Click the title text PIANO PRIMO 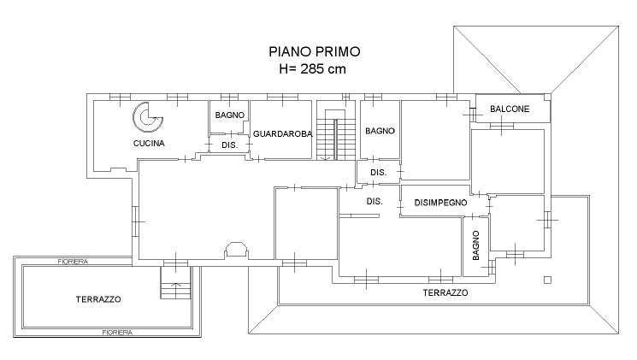[315, 51]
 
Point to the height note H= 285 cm [312, 69]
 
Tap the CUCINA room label [149, 143]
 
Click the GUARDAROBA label [283, 133]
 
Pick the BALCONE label [510, 109]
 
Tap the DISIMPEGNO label [441, 203]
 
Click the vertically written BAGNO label [476, 245]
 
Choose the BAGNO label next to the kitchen [229, 115]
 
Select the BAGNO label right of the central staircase [380, 131]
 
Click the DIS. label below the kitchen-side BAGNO [229, 145]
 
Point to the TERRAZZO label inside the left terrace [98, 299]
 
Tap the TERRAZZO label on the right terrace [445, 292]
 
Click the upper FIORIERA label [73, 262]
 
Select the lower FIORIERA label [117, 333]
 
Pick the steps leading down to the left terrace [175, 283]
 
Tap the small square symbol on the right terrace [547, 280]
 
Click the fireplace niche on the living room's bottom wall [236, 251]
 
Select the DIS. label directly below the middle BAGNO [378, 172]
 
